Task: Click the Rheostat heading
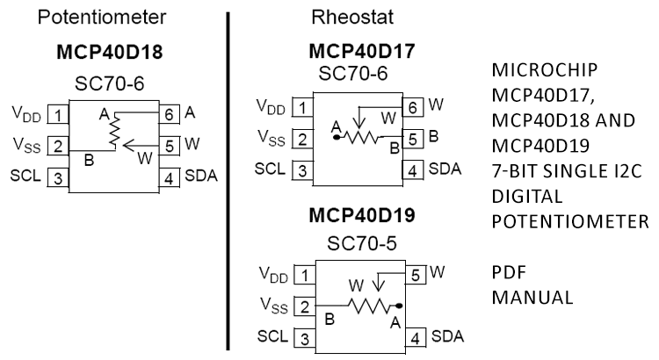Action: [x=344, y=17]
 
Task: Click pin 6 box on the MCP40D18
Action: [x=170, y=112]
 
